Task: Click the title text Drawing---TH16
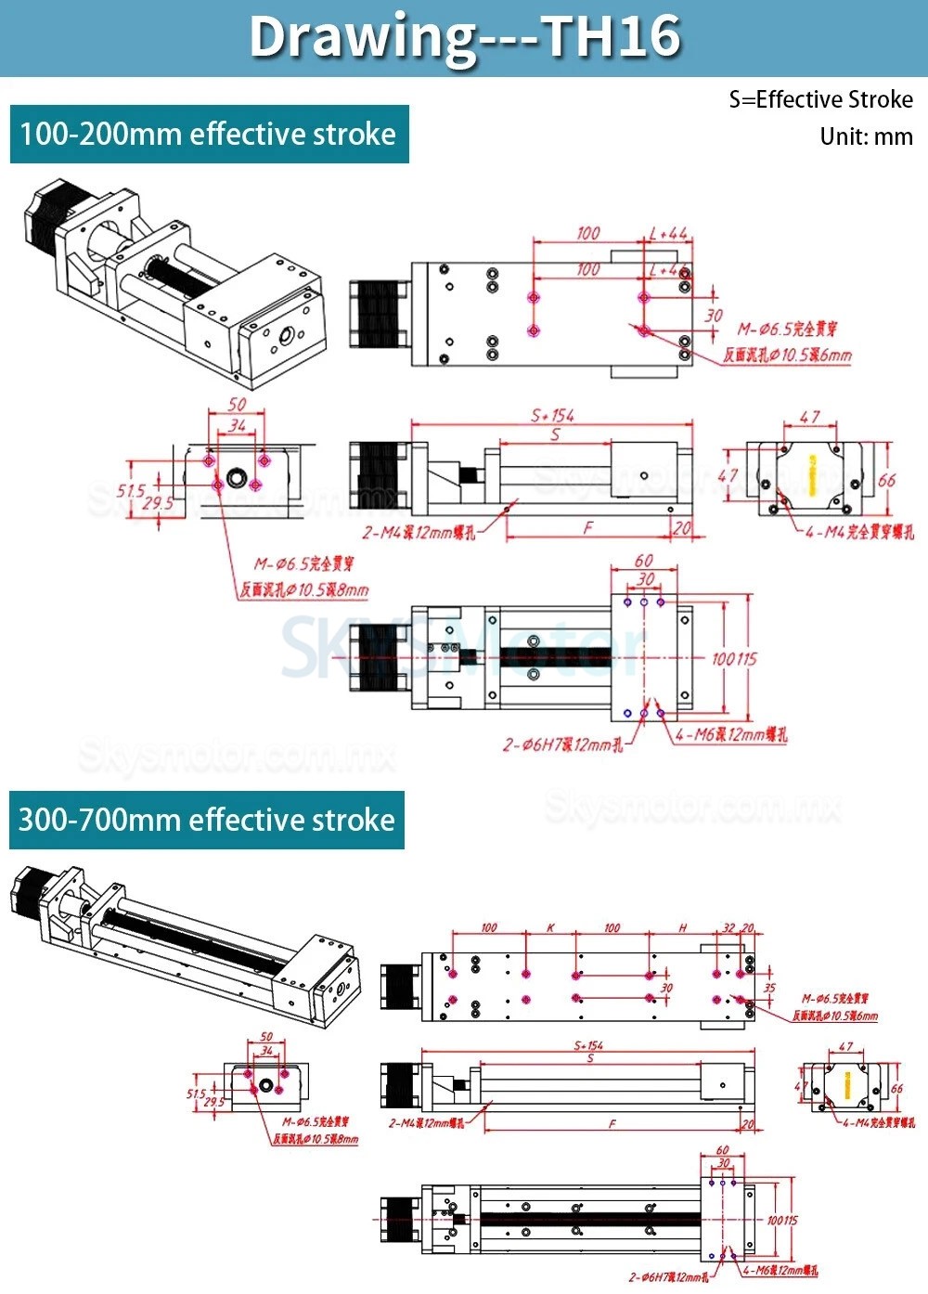tap(464, 37)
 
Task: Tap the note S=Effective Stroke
tap(820, 99)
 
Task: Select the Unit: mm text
tap(866, 136)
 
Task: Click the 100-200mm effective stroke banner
tap(209, 135)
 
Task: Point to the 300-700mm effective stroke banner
tap(207, 820)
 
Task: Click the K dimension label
tap(550, 927)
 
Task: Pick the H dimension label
tap(683, 927)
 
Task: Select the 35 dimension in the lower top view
tap(768, 988)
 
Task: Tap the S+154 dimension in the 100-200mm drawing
tap(552, 416)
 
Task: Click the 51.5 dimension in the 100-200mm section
tap(131, 490)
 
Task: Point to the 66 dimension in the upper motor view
tap(886, 480)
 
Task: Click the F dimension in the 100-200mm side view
tap(587, 527)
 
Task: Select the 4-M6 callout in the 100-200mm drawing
tap(730, 735)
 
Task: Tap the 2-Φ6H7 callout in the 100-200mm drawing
tap(562, 744)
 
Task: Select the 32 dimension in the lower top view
tap(728, 927)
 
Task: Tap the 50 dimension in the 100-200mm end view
tap(238, 405)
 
